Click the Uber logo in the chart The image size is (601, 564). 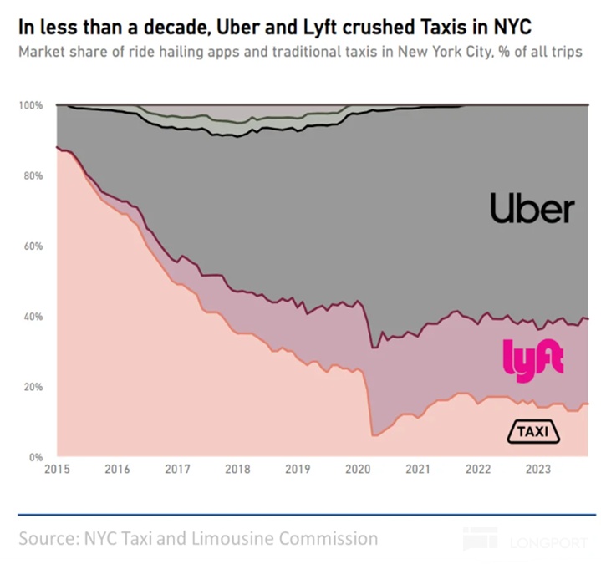point(532,208)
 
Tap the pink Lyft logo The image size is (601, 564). point(532,359)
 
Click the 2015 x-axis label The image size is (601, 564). point(57,470)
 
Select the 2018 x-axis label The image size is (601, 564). point(237,470)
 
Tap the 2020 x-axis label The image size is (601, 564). point(358,470)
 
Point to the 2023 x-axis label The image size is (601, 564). point(537,470)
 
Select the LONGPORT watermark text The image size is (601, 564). point(551,543)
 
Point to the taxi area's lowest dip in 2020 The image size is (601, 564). point(374,435)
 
